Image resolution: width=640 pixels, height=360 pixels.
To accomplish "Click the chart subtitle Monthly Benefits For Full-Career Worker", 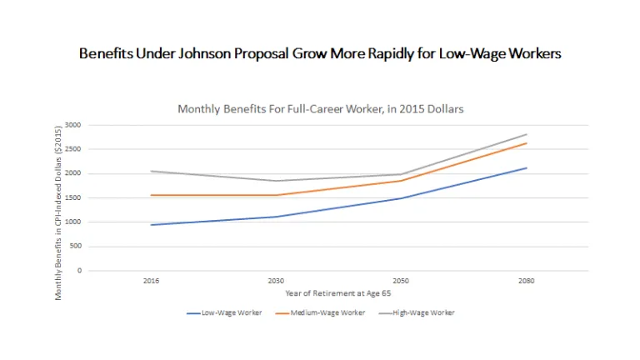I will pyautogui.click(x=320, y=108).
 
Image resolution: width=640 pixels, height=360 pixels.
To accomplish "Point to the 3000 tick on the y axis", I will pyautogui.click(x=74, y=125).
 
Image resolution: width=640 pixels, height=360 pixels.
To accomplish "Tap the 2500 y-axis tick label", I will pyautogui.click(x=74, y=149).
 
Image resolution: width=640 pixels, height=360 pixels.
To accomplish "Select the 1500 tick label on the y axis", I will pyautogui.click(x=74, y=198).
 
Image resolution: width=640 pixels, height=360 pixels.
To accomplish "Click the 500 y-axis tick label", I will pyautogui.click(x=76, y=247).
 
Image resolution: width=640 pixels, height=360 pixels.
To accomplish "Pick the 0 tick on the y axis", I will pyautogui.click(x=79, y=271).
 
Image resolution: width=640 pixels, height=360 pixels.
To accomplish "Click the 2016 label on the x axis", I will pyautogui.click(x=151, y=281).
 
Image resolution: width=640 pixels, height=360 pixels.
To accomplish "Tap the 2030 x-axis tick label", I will pyautogui.click(x=276, y=281).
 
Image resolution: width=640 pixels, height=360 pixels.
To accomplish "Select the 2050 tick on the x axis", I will pyautogui.click(x=401, y=281).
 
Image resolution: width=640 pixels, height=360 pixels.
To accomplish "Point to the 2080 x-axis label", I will pyautogui.click(x=527, y=281).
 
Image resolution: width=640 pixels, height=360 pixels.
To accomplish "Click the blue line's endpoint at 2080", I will pyautogui.click(x=527, y=167).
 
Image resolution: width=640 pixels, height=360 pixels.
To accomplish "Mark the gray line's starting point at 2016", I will pyautogui.click(x=151, y=171).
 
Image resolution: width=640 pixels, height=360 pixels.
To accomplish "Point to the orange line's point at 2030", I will pyautogui.click(x=276, y=195).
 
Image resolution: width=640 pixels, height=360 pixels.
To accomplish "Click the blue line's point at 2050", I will pyautogui.click(x=401, y=198).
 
